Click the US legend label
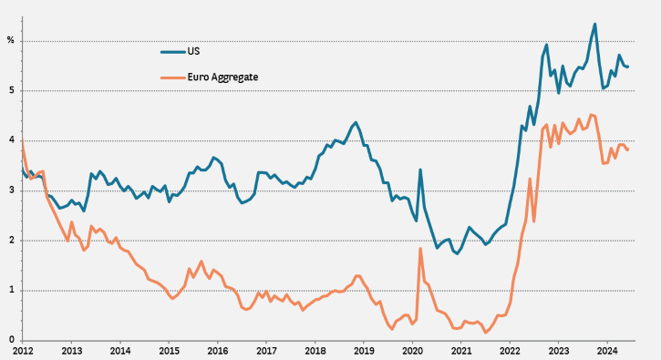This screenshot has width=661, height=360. [x=193, y=51]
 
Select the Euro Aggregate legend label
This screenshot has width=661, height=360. [x=222, y=77]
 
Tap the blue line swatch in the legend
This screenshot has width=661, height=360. [x=173, y=52]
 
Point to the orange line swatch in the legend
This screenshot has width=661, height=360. [x=173, y=77]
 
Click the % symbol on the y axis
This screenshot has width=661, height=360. [x=11, y=40]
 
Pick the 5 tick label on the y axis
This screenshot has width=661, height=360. [x=11, y=90]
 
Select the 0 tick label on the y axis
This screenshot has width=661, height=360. [x=11, y=340]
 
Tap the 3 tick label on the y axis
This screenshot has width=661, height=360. [x=11, y=190]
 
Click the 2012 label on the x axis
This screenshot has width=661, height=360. [x=23, y=351]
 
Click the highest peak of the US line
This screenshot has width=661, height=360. [x=594, y=24]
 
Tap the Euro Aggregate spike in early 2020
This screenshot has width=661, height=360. [x=420, y=249]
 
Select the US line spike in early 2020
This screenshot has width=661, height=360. [x=420, y=170]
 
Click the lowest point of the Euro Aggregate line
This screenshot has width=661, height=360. [x=486, y=333]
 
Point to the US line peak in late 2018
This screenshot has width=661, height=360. [x=356, y=123]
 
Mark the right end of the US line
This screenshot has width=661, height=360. [x=627, y=67]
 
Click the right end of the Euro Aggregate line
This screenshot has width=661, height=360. [x=627, y=149]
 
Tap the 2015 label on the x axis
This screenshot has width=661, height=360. [x=169, y=351]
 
